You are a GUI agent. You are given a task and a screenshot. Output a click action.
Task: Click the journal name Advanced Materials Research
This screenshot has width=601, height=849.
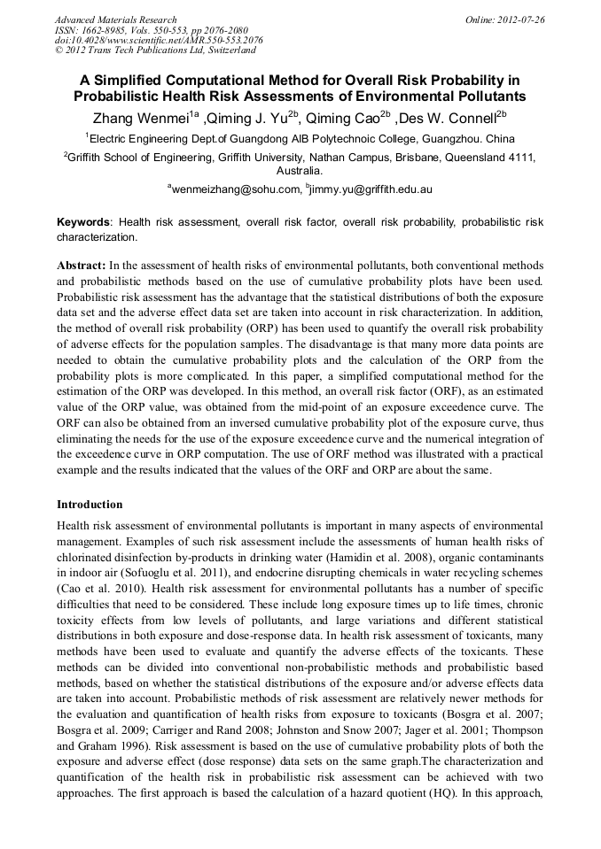click(115, 19)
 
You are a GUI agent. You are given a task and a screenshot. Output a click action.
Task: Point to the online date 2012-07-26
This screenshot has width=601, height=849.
click(520, 19)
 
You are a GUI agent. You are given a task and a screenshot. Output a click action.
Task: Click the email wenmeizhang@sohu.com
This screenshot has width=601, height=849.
click(233, 189)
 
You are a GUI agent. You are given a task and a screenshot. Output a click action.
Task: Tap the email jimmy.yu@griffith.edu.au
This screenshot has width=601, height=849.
click(371, 189)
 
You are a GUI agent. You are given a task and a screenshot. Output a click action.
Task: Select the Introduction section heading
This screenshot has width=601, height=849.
click(90, 505)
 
